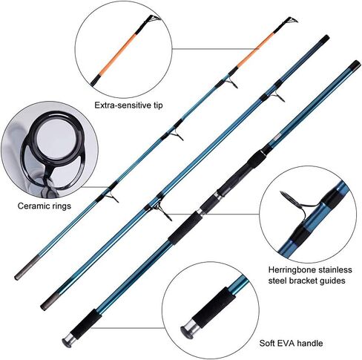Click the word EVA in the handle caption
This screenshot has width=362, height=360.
tap(287, 343)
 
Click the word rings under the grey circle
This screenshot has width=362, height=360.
tap(60, 206)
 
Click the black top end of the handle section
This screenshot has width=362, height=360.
tap(355, 65)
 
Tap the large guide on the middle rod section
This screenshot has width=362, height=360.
tap(162, 210)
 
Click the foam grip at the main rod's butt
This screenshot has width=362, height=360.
tap(86, 324)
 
